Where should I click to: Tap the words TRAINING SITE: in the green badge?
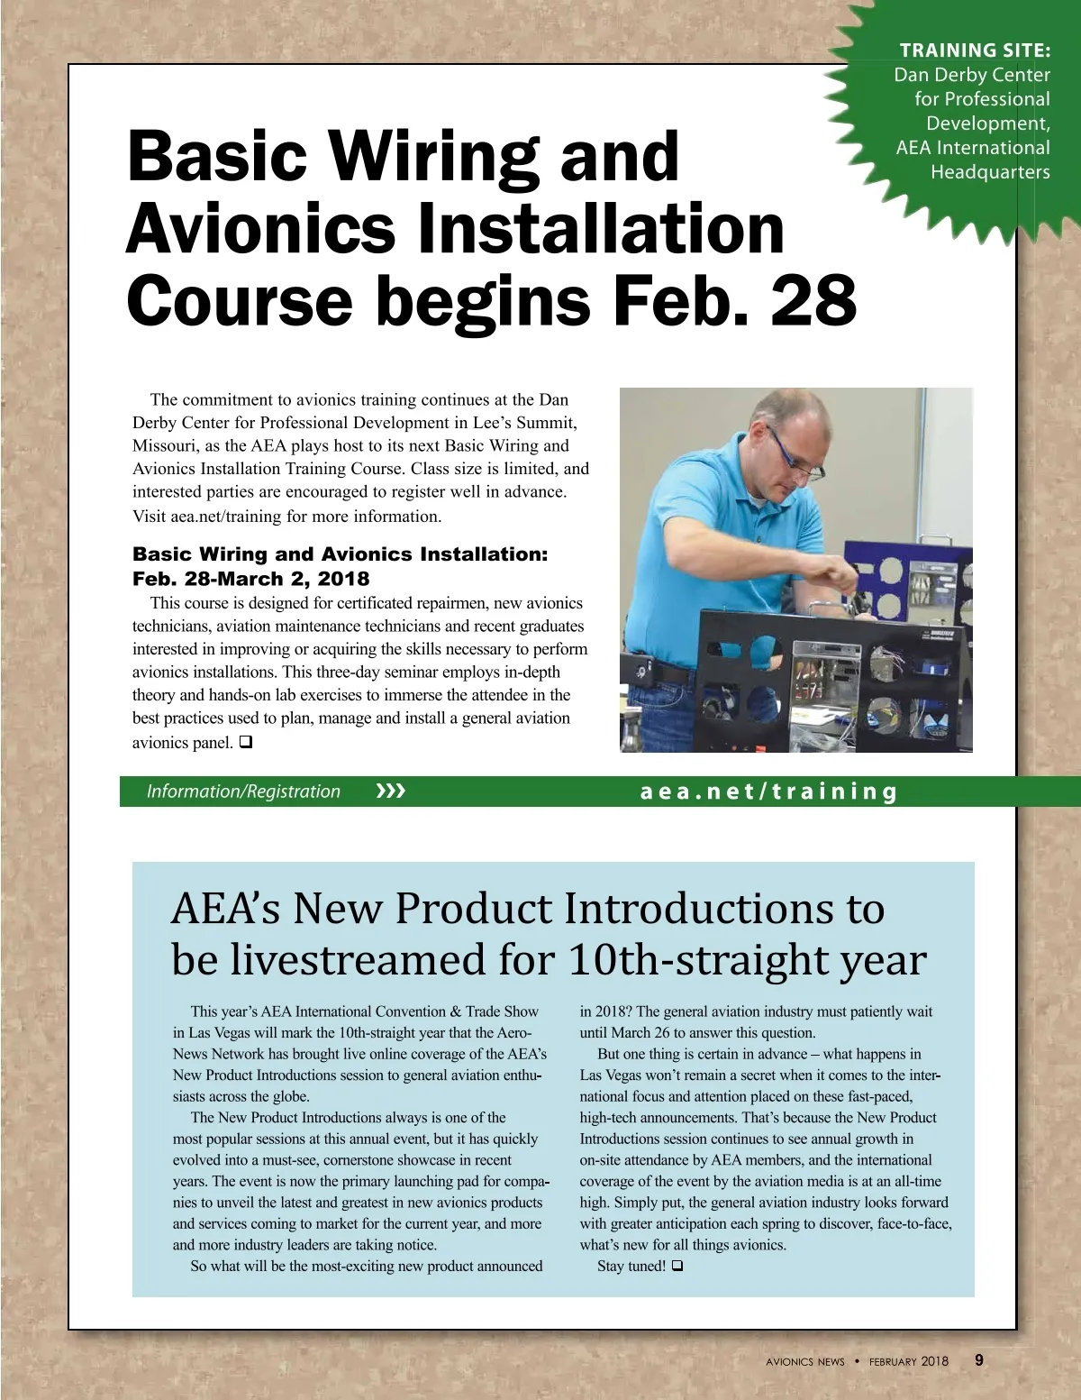[x=975, y=50]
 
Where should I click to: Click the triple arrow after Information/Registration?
[x=390, y=792]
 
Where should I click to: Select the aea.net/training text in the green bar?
[x=768, y=792]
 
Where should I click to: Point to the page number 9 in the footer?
[x=979, y=1360]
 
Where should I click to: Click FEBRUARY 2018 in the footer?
[x=908, y=1361]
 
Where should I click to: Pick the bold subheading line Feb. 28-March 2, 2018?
[x=250, y=579]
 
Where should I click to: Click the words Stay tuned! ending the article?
[x=631, y=1266]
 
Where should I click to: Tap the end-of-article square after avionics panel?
[x=245, y=742]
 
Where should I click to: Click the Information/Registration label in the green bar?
[x=243, y=792]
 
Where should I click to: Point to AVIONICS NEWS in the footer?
[x=804, y=1362]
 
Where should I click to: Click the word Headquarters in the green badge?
[x=989, y=172]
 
